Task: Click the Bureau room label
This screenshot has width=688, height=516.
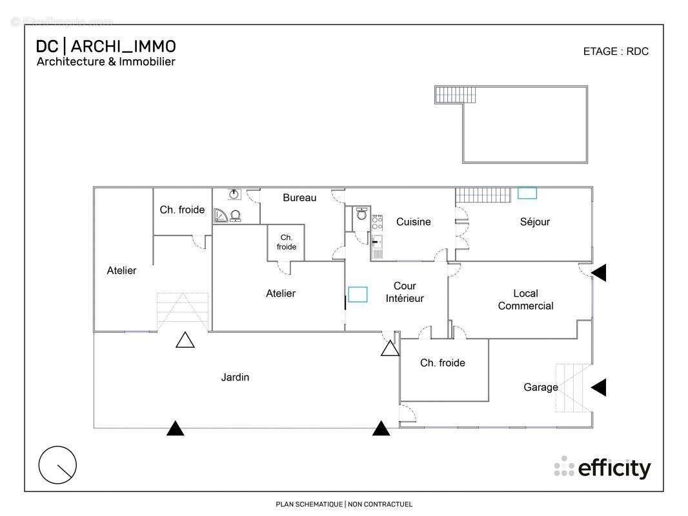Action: (299, 197)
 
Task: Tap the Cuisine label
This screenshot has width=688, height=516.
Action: (413, 222)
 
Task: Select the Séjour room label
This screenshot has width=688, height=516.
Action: (535, 222)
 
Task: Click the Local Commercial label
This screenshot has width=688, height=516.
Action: (525, 299)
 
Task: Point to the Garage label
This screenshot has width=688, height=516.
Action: (540, 387)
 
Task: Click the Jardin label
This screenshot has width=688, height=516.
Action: (235, 377)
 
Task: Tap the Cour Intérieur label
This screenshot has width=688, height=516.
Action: (405, 292)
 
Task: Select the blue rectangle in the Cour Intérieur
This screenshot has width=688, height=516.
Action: (358, 295)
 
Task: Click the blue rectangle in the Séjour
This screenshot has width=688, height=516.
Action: (527, 192)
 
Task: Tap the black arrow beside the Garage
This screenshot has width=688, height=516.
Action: (599, 387)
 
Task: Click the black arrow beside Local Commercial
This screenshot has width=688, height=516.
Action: (599, 273)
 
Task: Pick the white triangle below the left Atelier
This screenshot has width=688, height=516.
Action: (185, 341)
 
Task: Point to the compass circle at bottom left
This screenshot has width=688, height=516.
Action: (57, 464)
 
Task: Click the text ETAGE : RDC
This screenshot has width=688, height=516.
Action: (616, 52)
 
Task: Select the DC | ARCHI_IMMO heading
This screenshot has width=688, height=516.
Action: (106, 46)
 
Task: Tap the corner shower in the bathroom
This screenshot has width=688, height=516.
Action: (221, 216)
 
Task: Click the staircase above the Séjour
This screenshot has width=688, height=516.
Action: (484, 193)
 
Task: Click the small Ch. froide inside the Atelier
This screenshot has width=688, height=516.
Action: (287, 242)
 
